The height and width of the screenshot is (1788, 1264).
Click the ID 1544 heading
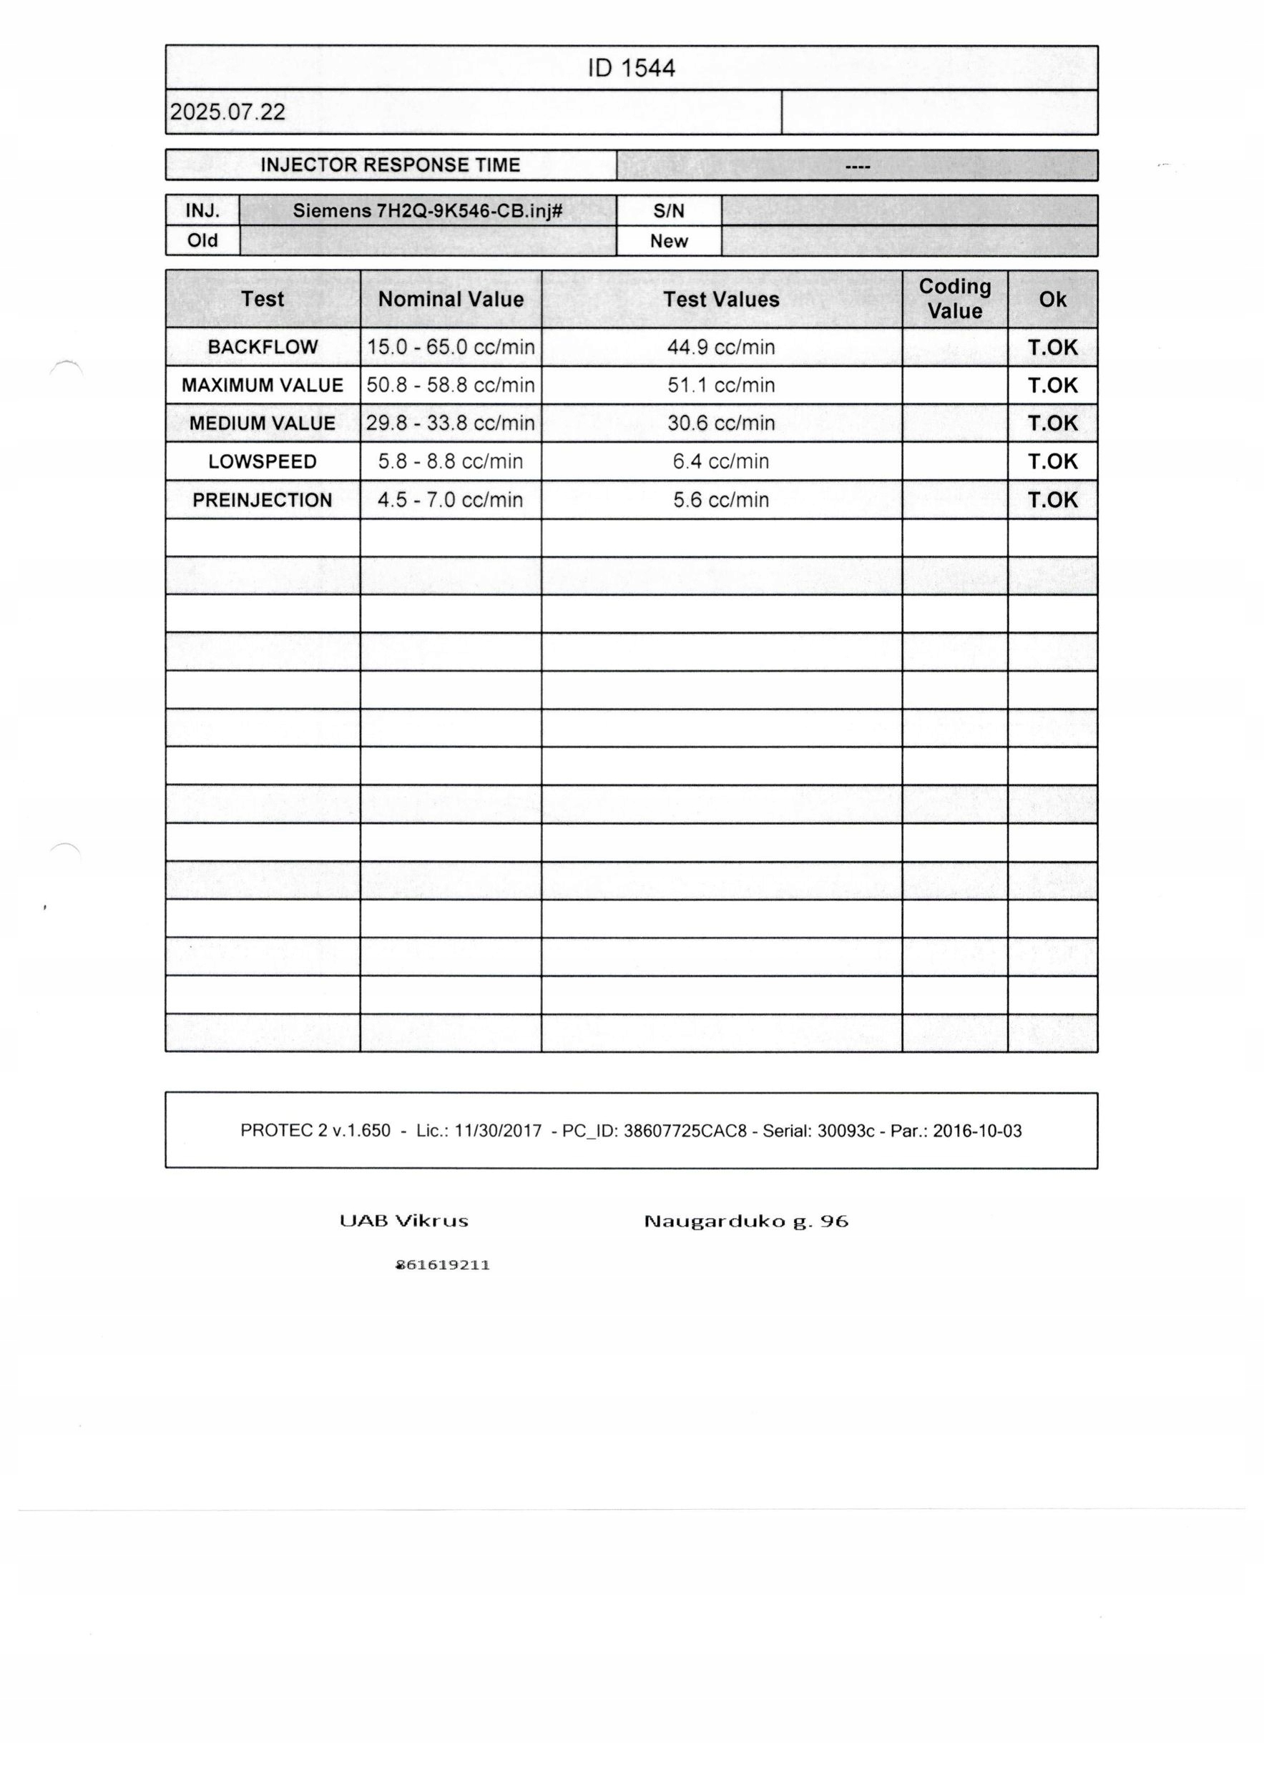[631, 69]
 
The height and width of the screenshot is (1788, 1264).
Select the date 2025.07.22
[227, 112]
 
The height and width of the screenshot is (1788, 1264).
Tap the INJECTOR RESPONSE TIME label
[390, 165]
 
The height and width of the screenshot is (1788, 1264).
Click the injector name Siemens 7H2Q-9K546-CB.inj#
[428, 211]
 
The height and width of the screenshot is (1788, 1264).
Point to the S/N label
[668, 211]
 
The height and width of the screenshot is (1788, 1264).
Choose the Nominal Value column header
[450, 299]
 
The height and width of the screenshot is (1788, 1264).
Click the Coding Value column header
[954, 299]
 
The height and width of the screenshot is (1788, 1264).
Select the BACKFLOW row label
[263, 348]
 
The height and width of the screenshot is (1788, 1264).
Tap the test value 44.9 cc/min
[721, 348]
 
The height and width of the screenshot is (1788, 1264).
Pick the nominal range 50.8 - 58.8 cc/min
[450, 385]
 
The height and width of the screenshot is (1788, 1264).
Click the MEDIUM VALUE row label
[263, 423]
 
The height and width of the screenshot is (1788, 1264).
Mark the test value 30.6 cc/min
[721, 423]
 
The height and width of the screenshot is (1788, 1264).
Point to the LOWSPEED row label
[263, 462]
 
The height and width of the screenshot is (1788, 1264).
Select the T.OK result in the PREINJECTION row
[1052, 500]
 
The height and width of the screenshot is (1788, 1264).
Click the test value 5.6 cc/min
[721, 500]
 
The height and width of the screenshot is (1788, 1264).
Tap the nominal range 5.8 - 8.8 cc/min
[450, 462]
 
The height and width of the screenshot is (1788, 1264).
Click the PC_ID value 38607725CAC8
[685, 1131]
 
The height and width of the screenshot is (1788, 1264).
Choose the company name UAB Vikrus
[403, 1221]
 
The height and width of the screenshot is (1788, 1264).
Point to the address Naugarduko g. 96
[745, 1221]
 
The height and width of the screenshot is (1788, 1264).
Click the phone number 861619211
[443, 1265]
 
